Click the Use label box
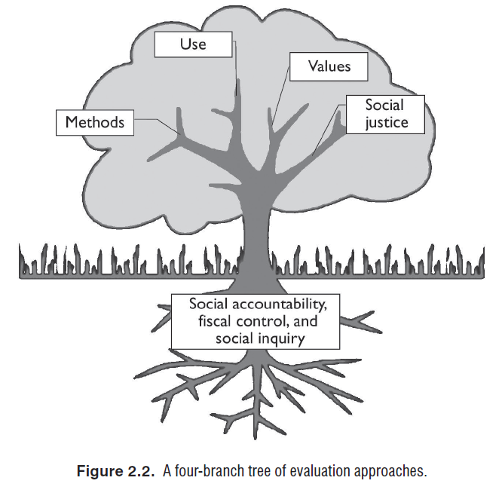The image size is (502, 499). point(192,44)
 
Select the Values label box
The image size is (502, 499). point(329,66)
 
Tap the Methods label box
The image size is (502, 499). point(94,121)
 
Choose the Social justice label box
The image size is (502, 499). point(384,114)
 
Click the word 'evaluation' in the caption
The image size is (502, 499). point(317,472)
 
